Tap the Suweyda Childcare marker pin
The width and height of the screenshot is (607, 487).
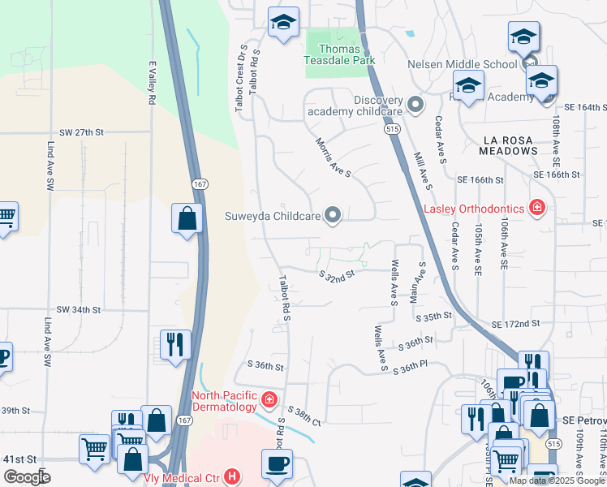(333, 215)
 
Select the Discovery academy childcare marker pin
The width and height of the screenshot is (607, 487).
(415, 105)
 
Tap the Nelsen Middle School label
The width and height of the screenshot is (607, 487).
(463, 64)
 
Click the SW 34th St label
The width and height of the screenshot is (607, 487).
(79, 310)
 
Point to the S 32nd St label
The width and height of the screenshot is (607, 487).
(337, 277)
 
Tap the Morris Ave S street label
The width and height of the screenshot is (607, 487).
(333, 157)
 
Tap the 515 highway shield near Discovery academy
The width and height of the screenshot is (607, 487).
(392, 128)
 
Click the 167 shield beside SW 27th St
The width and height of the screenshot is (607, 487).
(200, 185)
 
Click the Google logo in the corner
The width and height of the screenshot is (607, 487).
(28, 476)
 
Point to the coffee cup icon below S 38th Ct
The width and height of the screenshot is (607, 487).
(276, 463)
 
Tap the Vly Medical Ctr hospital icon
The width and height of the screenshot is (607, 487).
(232, 476)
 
